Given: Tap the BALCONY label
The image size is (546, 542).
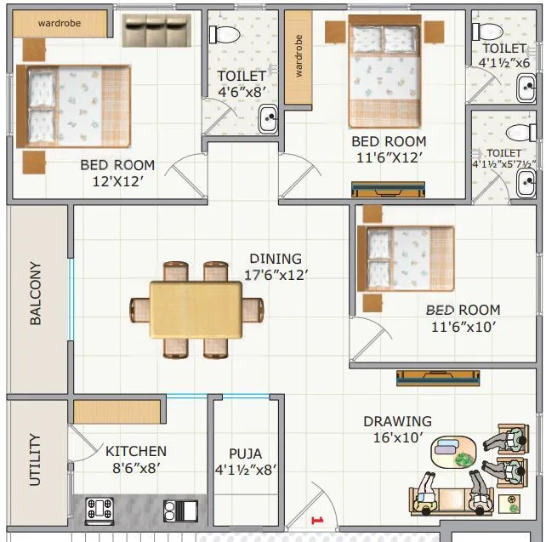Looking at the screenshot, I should (x=37, y=294).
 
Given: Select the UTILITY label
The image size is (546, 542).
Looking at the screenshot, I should (x=35, y=459).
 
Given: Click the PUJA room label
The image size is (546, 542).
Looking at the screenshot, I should (x=245, y=454).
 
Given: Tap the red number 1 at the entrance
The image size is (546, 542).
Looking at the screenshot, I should (x=316, y=519).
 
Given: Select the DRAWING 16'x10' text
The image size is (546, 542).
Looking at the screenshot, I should (x=397, y=429).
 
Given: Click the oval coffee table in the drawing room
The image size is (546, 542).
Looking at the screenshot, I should (x=452, y=453).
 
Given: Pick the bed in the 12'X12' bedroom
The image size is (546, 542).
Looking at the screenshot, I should (x=73, y=107).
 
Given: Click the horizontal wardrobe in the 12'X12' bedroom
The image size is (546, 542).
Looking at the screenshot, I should (x=60, y=24).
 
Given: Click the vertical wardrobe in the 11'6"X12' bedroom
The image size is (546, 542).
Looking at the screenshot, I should (x=299, y=57).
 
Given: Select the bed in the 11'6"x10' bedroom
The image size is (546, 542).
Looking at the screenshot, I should (x=407, y=257).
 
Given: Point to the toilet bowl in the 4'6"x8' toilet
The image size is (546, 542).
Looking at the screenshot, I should (x=225, y=34).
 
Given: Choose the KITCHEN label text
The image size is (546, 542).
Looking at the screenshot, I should (x=136, y=451).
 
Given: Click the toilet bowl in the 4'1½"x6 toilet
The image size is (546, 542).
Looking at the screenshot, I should (x=488, y=31).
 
